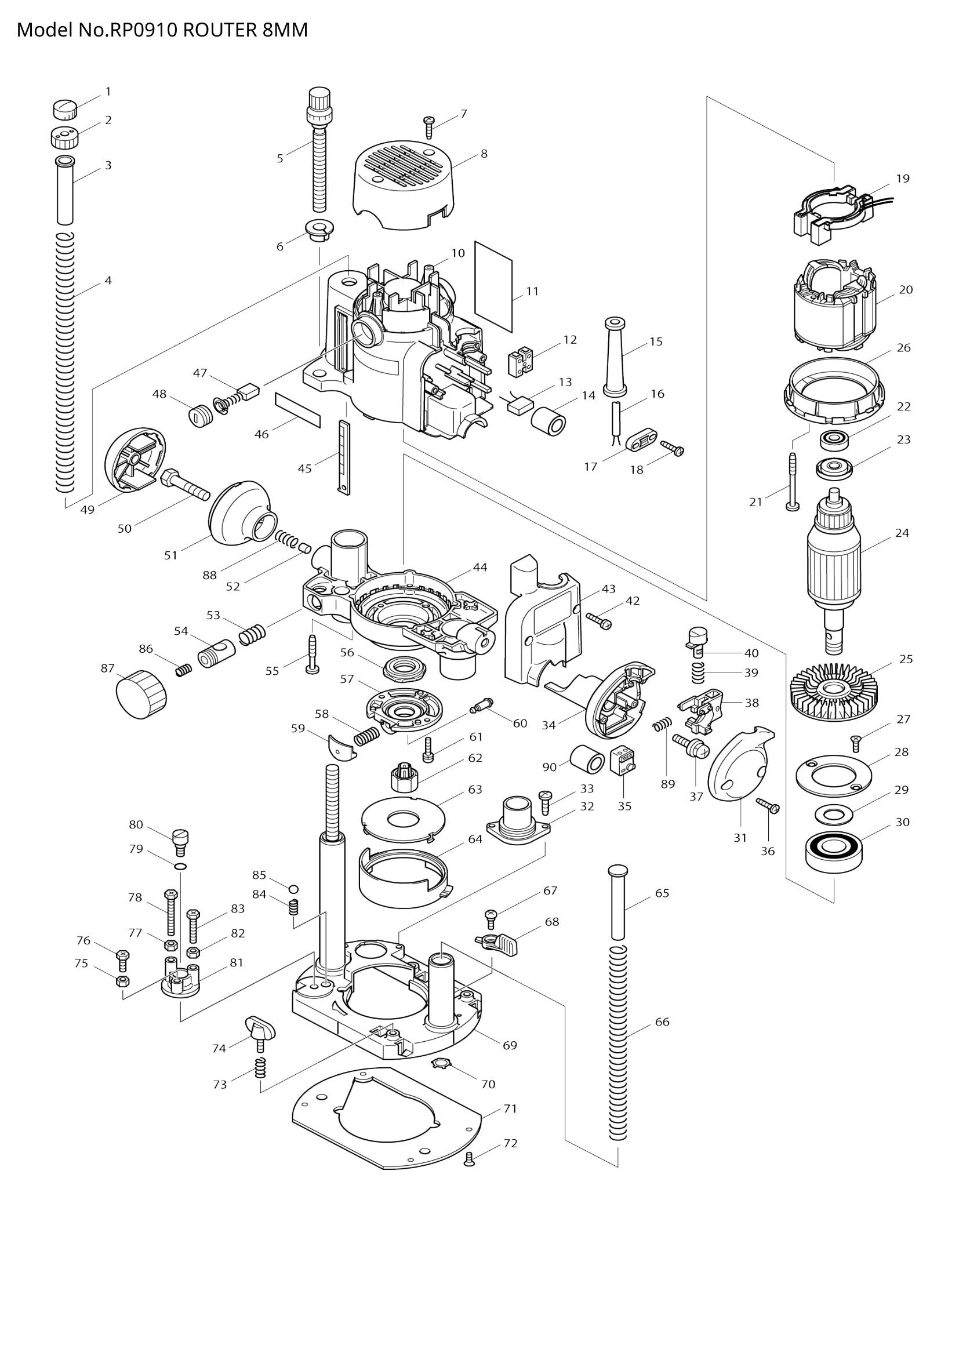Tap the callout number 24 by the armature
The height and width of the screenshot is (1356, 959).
pos(902,533)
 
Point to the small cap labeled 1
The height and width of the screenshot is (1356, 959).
pos(66,108)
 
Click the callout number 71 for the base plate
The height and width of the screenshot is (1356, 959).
pos(510,1108)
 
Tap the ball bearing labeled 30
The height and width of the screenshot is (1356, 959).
pos(832,850)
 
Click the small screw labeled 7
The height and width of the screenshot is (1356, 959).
pos(429,126)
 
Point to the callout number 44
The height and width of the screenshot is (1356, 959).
pos(479,567)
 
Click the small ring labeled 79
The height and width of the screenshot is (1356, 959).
pos(181,866)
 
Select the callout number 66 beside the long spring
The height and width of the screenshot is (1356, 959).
pos(662,1021)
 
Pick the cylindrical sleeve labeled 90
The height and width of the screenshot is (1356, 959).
pos(586,759)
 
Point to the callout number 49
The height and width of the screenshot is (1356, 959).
pos(88,510)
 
